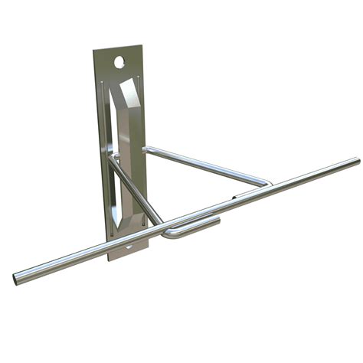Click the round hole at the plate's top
click(x=120, y=60)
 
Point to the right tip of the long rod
click(x=356, y=162)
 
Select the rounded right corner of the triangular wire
click(x=268, y=183)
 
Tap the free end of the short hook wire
click(x=217, y=221)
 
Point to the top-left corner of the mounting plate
click(x=94, y=51)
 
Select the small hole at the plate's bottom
click(x=127, y=248)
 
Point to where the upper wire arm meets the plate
click(x=145, y=149)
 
